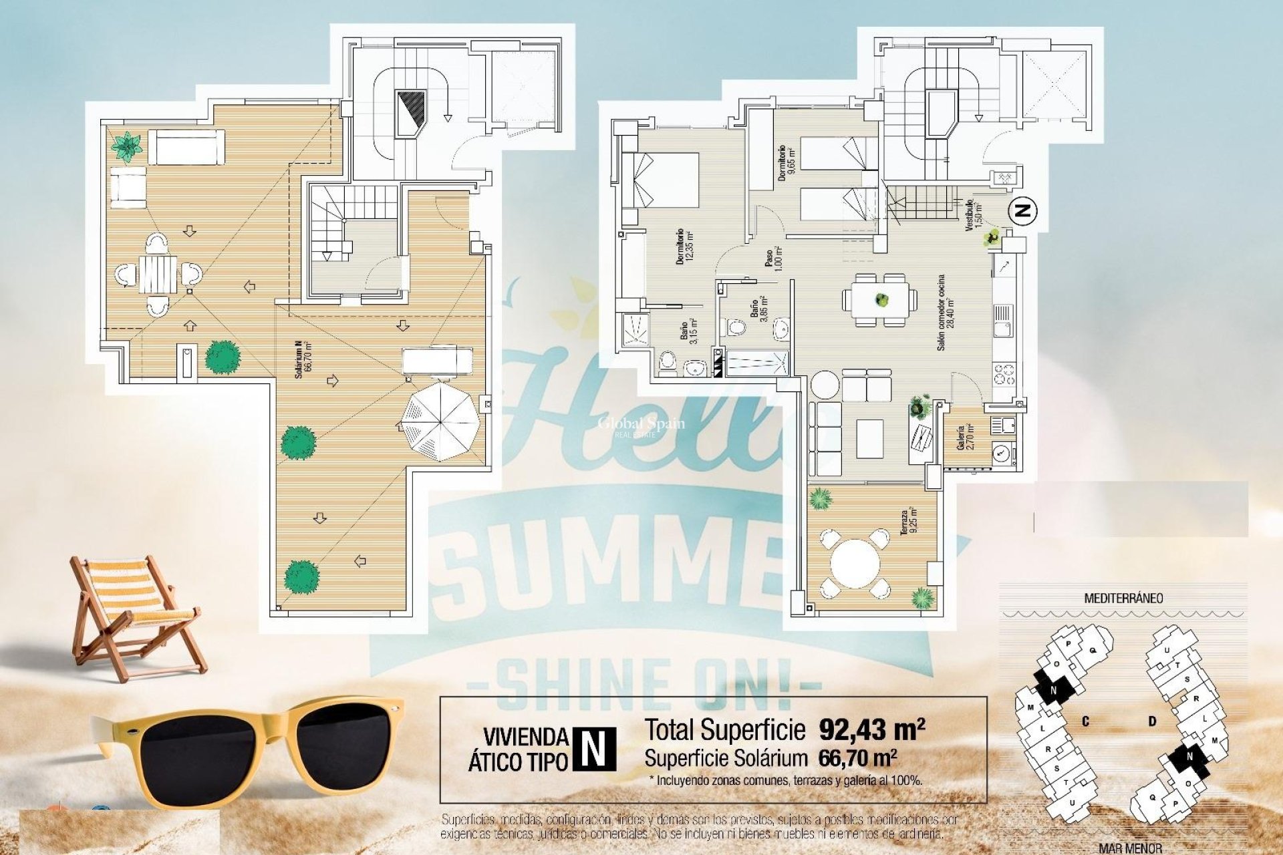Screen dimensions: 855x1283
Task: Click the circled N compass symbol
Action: tap(1022, 210)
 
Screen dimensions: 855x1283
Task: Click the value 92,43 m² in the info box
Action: tap(871, 729)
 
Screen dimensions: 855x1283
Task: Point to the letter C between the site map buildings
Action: tap(1086, 721)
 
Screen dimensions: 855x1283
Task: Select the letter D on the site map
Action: tap(1152, 721)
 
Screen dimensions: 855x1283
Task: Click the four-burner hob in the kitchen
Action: tap(1004, 374)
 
